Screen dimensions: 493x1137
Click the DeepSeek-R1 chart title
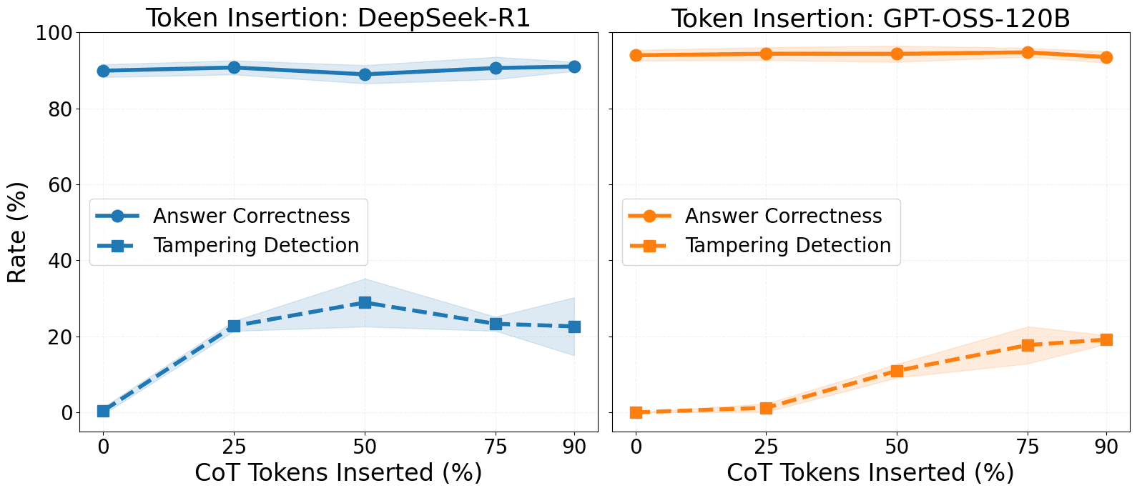[338, 18]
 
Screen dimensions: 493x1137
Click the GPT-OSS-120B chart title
[870, 18]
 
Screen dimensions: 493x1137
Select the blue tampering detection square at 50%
[365, 302]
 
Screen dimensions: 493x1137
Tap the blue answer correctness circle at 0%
[103, 71]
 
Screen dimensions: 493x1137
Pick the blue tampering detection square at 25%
[234, 326]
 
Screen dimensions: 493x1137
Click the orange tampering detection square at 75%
[1028, 345]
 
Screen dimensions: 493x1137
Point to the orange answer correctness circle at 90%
[1106, 57]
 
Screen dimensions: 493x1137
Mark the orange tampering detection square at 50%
[897, 371]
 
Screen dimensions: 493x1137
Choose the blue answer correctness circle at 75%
[496, 68]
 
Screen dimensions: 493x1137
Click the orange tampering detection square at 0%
[636, 412]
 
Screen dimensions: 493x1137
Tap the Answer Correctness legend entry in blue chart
[251, 216]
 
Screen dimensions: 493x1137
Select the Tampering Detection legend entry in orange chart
[787, 245]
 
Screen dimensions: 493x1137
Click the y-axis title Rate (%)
[18, 233]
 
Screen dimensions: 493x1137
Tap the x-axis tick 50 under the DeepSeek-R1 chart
[365, 447]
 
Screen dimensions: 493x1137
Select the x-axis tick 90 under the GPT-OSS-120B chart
[1106, 447]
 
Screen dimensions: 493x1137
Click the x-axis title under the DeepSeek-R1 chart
[338, 472]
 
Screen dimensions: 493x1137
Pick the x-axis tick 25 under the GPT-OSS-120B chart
[766, 447]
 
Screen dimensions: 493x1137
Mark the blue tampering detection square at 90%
[574, 327]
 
